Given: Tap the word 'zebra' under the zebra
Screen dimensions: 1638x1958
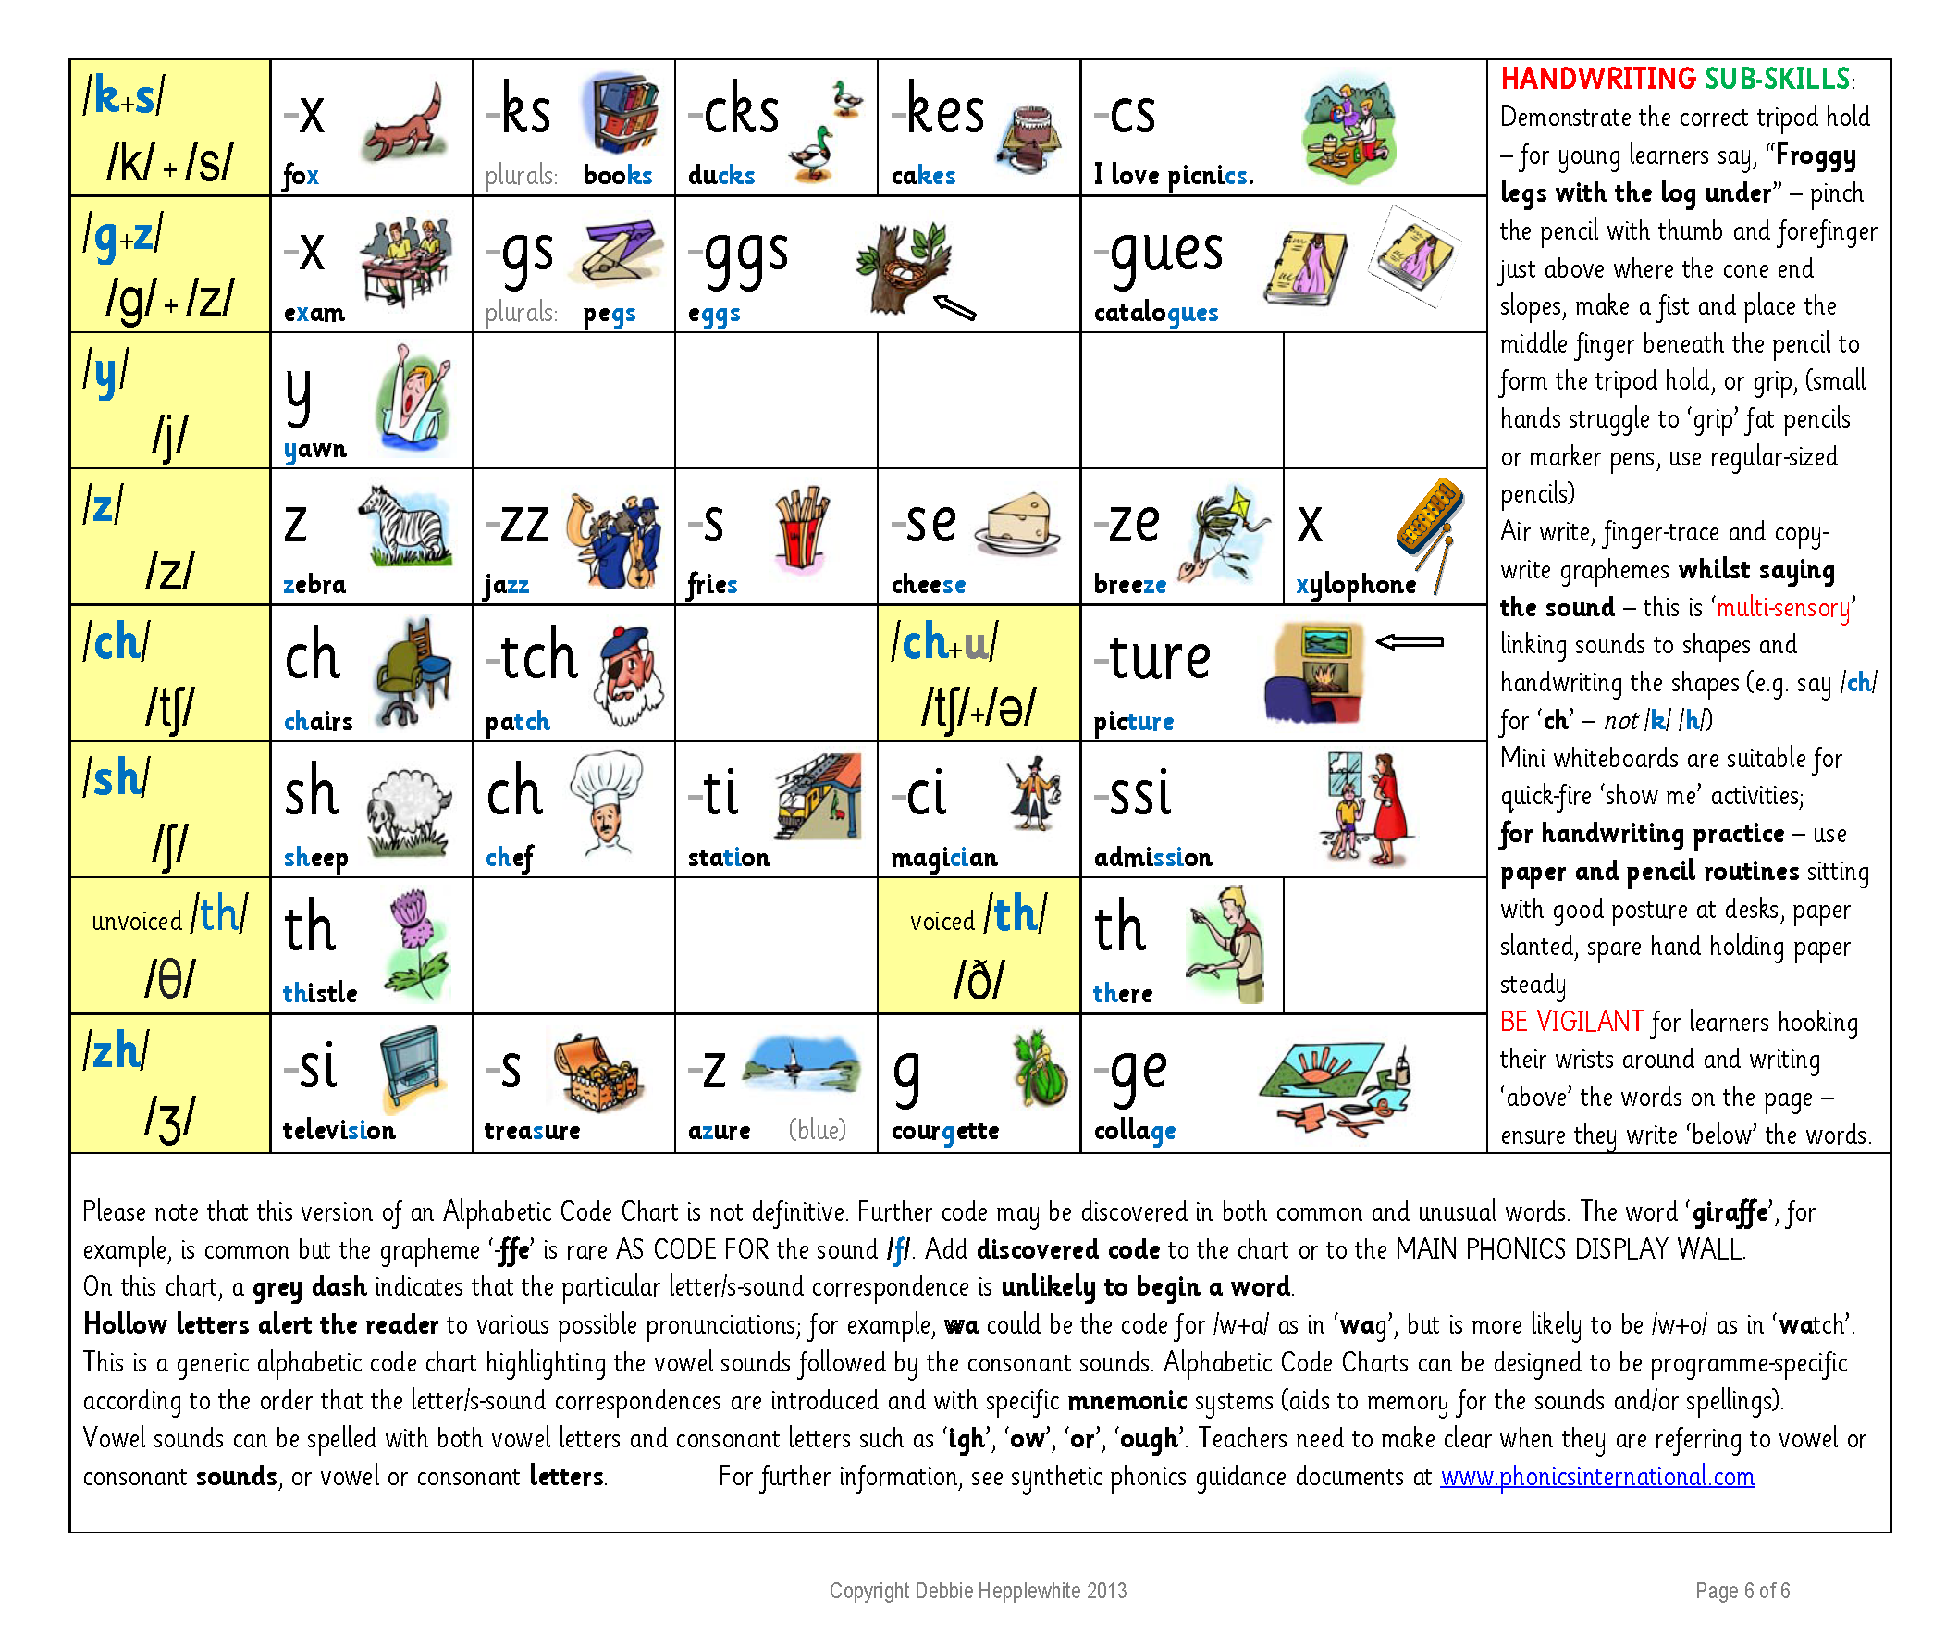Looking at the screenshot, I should tap(314, 585).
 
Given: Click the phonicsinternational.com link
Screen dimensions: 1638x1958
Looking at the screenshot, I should tap(1596, 1477).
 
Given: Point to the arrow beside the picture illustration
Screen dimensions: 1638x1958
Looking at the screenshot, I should tap(1409, 641).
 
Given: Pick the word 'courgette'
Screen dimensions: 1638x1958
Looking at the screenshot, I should tap(944, 1131).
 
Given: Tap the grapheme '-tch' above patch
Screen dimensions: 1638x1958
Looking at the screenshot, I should tap(533, 656).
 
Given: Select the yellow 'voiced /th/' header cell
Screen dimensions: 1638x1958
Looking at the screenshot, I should tap(978, 946).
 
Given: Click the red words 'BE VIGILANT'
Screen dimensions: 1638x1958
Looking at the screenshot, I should tap(1570, 1022).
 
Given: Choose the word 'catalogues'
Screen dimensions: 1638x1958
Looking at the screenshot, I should tap(1155, 313).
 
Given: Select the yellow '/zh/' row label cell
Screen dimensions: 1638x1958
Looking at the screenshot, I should tap(169, 1082).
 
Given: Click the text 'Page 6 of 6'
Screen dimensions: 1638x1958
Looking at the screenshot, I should tap(1742, 1591).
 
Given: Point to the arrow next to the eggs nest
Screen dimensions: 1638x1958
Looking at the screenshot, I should tap(954, 307).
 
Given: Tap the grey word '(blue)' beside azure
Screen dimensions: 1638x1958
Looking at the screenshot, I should tap(817, 1130).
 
